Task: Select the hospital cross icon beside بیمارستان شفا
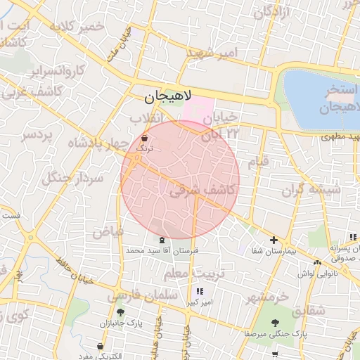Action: click(274, 240)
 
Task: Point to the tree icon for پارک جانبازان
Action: click(120, 311)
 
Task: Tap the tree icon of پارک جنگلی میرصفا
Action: click(274, 323)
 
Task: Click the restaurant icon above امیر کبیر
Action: click(200, 291)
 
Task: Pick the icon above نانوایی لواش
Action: click(318, 262)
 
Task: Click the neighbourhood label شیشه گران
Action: click(311, 189)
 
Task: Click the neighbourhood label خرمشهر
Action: click(267, 297)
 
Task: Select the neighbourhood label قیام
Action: click(256, 162)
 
